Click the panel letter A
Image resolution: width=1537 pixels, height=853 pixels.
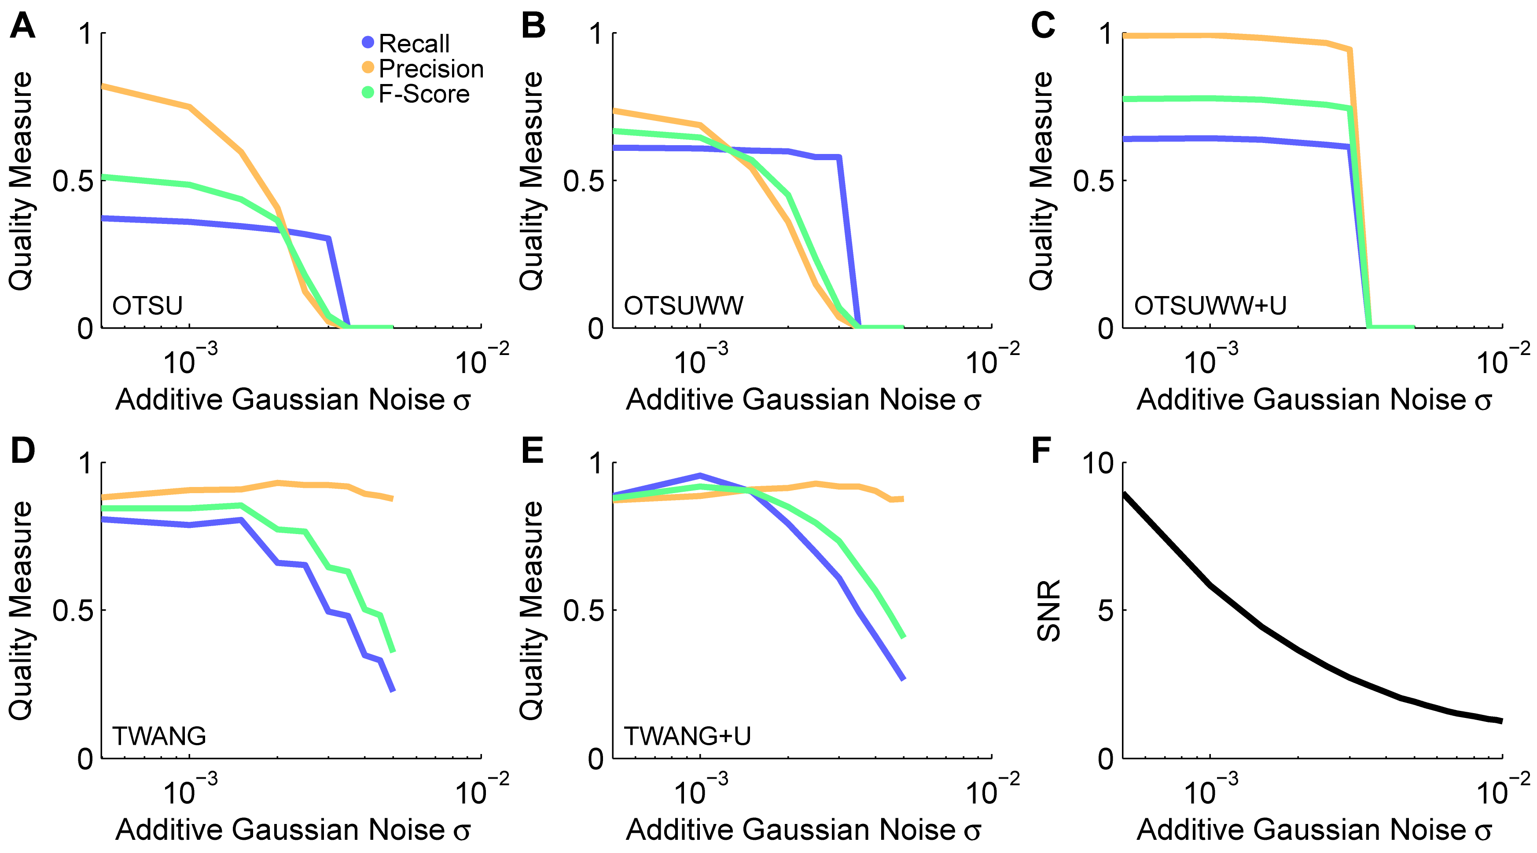tap(23, 27)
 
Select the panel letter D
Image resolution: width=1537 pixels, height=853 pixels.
tap(23, 451)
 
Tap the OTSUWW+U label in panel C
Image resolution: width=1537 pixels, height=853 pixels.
tap(1210, 305)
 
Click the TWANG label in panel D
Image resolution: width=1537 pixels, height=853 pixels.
tap(159, 736)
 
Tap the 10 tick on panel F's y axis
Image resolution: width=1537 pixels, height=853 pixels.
tap(1097, 464)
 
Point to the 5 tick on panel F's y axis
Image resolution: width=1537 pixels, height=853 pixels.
tap(1105, 610)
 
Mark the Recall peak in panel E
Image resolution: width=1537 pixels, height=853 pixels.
tap(700, 476)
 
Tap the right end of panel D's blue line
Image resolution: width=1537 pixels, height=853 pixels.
tap(393, 691)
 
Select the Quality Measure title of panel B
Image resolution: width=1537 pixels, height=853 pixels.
tap(531, 181)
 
